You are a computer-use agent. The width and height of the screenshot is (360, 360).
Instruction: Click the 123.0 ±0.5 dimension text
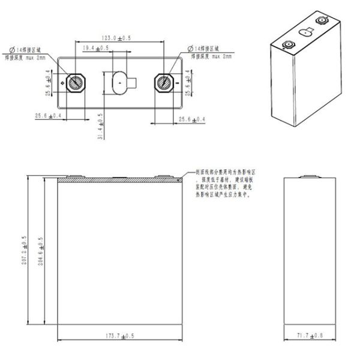point(120,38)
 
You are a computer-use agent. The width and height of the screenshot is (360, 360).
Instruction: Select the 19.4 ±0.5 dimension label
point(96,47)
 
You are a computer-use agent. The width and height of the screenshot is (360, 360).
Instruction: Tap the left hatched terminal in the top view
point(76,83)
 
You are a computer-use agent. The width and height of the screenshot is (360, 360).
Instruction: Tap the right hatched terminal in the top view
point(163,83)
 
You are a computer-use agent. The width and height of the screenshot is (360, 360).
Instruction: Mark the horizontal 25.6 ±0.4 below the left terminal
point(46,115)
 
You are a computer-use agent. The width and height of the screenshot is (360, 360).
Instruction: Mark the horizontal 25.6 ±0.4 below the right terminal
point(193,121)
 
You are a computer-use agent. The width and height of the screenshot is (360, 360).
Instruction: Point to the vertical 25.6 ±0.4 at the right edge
point(188,82)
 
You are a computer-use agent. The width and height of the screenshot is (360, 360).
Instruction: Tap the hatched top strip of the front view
point(119,179)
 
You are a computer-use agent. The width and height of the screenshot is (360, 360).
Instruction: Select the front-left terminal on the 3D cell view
point(286,44)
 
